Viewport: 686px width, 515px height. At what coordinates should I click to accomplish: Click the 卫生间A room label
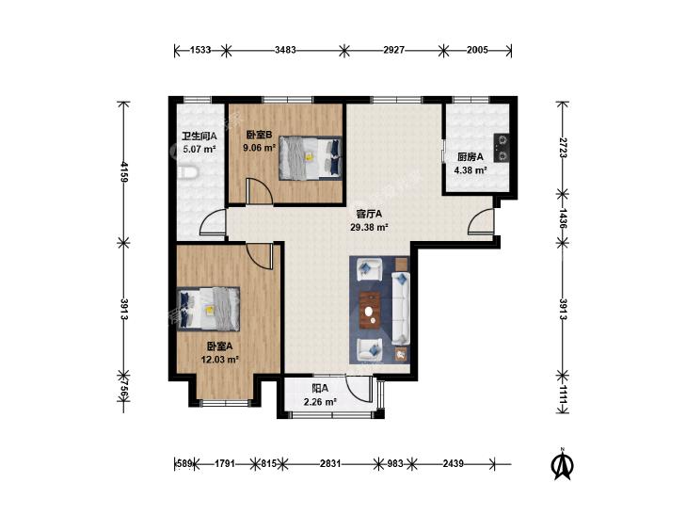coord(199,137)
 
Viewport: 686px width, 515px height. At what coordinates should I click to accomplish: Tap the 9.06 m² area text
coord(260,148)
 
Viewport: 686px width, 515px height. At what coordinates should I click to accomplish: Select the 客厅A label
coord(369,214)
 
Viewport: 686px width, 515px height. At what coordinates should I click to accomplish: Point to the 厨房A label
coord(471,156)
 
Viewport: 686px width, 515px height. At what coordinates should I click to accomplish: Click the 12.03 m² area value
coord(219,360)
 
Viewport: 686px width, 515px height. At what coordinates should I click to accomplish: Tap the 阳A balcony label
coord(320,388)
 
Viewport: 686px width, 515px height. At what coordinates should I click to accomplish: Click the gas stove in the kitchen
coord(502,148)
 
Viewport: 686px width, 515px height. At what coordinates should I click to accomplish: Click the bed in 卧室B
coord(311,157)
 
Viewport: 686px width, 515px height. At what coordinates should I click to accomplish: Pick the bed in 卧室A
coord(208,309)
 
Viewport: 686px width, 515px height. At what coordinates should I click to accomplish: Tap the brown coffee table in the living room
coord(370,310)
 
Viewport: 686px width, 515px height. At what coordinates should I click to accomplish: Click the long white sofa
coord(400,308)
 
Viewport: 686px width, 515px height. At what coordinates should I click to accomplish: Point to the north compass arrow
coord(563,465)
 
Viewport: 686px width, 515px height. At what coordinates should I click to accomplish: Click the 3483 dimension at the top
coord(285,50)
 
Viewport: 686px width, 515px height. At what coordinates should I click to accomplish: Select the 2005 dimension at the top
coord(477,50)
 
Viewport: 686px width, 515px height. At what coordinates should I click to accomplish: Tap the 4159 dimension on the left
coord(124,171)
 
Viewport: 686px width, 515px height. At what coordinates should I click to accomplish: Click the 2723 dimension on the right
coord(563,148)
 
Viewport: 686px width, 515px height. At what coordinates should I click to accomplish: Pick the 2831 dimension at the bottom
coord(330,463)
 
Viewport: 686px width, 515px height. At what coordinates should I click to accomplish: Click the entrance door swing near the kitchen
coord(480,222)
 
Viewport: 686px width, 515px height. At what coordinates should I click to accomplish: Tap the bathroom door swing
coord(213,223)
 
